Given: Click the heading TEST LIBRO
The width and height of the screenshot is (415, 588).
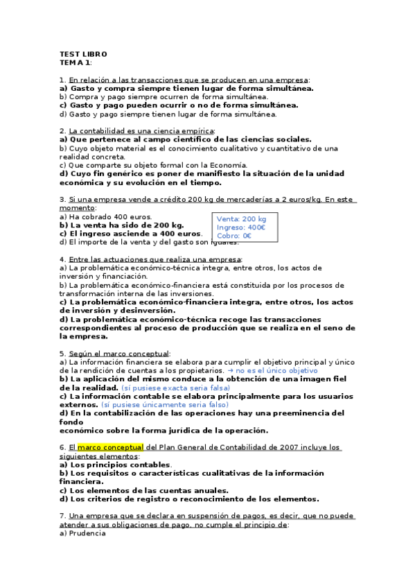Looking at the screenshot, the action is (x=83, y=53).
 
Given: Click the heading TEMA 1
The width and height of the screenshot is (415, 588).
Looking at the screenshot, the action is (x=75, y=62).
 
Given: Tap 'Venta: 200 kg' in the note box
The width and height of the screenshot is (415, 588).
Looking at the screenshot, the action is (x=241, y=219).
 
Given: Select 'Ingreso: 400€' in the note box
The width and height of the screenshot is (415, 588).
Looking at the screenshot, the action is (x=242, y=227).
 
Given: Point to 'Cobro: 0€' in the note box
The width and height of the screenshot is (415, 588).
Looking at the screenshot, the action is (x=234, y=236).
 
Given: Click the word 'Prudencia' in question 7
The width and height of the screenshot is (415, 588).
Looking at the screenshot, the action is (x=89, y=533).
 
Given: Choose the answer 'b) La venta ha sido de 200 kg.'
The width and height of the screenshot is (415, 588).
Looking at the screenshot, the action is (x=121, y=225).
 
